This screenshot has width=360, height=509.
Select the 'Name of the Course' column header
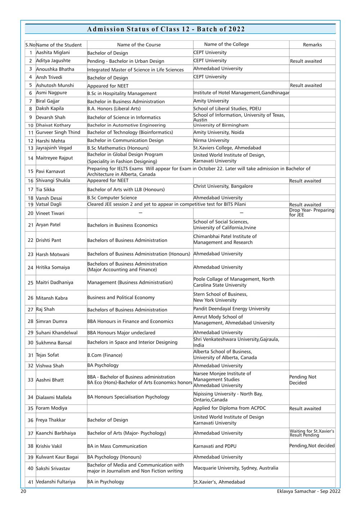(139, 45)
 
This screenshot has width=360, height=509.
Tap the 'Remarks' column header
(312, 45)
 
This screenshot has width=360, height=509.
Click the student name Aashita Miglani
(53, 53)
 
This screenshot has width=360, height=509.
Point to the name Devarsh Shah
(51, 117)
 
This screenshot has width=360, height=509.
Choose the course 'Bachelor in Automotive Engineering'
(126, 125)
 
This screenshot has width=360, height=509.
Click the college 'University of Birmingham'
(221, 125)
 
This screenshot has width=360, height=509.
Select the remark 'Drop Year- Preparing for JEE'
(312, 213)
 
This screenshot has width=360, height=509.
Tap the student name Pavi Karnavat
(50, 171)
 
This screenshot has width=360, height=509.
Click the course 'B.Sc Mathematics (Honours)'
(118, 148)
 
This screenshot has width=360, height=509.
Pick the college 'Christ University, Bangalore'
(223, 186)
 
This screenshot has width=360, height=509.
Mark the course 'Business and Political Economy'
(121, 298)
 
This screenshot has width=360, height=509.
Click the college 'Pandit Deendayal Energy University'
(231, 309)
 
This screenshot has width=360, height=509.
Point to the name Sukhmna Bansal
(54, 343)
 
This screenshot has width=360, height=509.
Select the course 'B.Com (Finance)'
(105, 355)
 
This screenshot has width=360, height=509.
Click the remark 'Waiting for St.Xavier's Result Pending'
(312, 433)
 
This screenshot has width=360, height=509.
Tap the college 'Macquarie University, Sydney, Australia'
(236, 468)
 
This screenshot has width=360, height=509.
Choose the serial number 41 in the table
(31, 482)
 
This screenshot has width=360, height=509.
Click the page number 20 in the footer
(23, 491)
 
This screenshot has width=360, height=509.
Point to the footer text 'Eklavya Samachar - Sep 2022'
(309, 491)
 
